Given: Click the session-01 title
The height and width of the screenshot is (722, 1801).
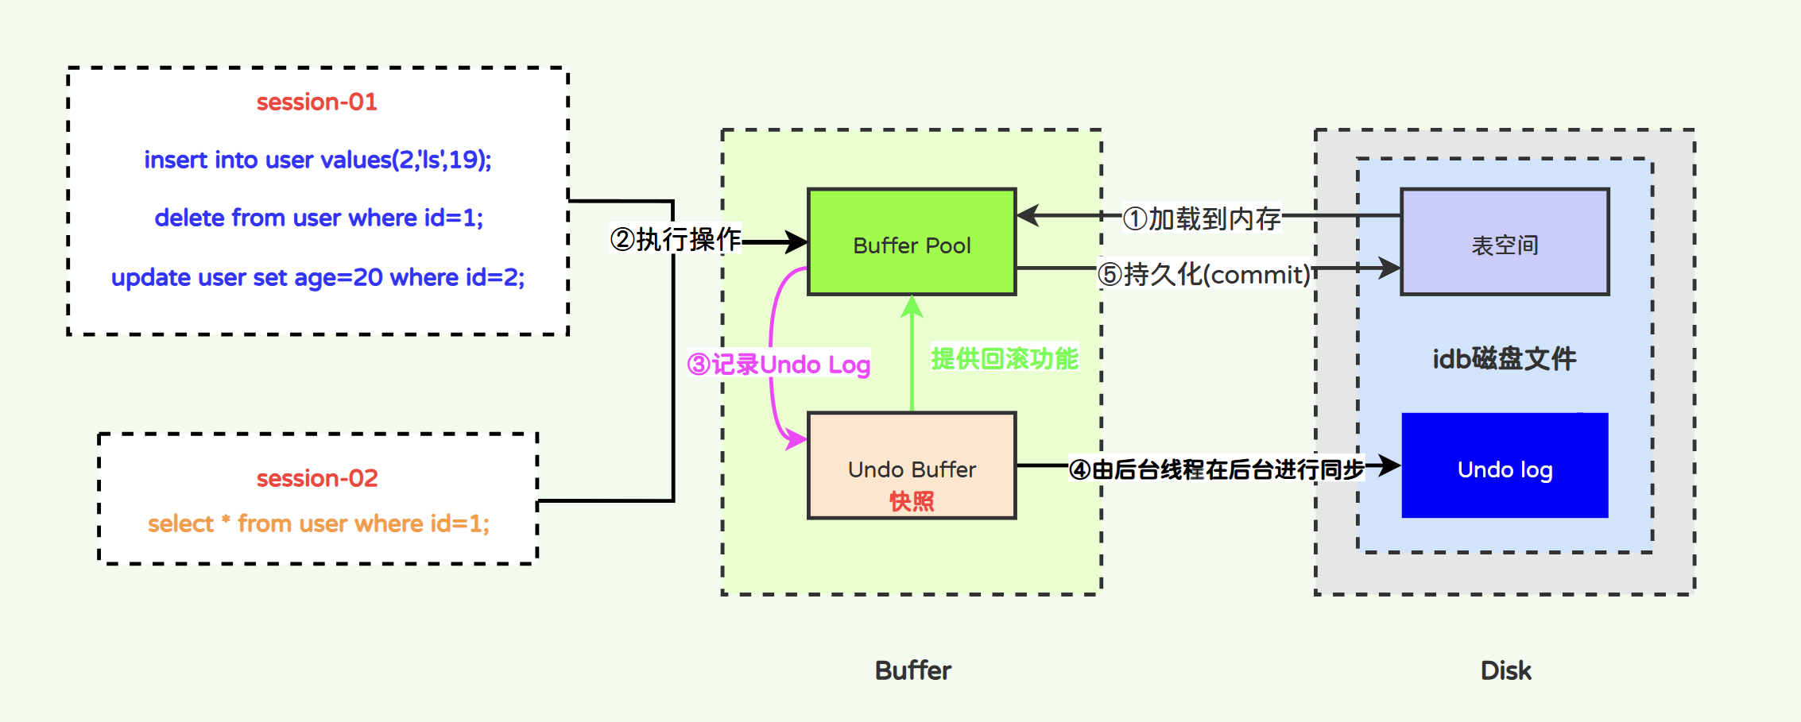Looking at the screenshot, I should click(316, 102).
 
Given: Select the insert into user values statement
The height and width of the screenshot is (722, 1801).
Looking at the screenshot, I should click(317, 160).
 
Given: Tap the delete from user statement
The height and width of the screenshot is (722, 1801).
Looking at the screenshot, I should click(318, 218).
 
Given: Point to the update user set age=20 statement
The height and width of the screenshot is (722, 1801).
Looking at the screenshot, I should click(318, 277).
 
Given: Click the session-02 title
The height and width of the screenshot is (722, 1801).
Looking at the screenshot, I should click(316, 478).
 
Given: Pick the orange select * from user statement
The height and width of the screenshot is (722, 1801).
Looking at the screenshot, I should click(318, 523).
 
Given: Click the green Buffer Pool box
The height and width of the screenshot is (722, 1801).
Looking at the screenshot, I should click(912, 242).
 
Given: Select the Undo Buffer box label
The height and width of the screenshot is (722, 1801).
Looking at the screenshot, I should click(912, 469).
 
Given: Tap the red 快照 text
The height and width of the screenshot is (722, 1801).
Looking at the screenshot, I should click(912, 501).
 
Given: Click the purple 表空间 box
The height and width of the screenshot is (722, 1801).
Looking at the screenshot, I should click(1505, 242).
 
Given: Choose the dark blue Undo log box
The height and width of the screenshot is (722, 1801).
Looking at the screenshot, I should click(1505, 465).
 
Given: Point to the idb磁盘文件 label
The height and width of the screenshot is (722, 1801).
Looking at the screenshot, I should click(1504, 359).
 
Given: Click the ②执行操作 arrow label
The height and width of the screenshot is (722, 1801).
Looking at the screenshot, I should click(676, 239).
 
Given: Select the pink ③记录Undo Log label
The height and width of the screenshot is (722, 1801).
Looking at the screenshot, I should click(779, 365).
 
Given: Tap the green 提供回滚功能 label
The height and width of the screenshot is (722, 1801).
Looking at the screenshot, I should click(1005, 359).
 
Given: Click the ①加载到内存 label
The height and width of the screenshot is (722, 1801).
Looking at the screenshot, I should click(1202, 218).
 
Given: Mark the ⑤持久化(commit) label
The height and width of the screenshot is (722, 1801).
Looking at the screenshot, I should click(1204, 275).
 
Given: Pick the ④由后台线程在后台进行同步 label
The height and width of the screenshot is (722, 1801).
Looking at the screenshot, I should click(1217, 469).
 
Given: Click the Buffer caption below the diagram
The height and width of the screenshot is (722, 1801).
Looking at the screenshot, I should click(912, 670).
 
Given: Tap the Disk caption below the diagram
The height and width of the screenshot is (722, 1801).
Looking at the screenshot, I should click(1505, 670).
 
